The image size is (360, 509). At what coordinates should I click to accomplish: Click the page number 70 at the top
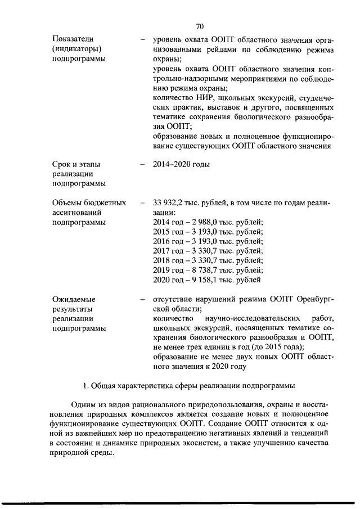[200, 26]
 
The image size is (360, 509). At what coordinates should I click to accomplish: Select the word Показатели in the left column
[71, 39]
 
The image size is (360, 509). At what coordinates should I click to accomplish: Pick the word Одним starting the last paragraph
[83, 405]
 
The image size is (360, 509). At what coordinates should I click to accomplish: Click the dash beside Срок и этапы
[141, 164]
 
